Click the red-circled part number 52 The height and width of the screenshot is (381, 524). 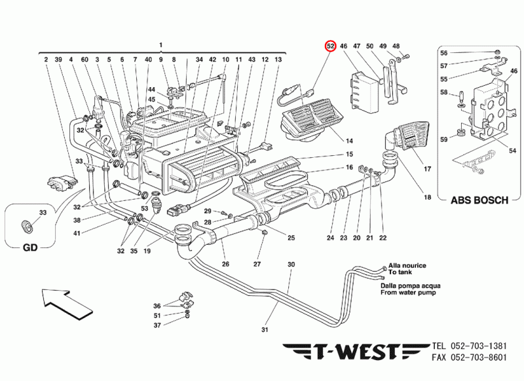coord(331,46)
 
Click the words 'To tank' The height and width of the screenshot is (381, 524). coord(402,272)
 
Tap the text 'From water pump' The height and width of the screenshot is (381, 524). coord(410,293)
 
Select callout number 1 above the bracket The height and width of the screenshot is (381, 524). coord(160,44)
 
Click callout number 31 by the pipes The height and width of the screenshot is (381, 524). coord(265,329)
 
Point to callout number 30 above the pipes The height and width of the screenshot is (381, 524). coord(291,264)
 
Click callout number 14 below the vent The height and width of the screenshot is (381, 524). coord(349,141)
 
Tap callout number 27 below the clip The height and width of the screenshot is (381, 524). coord(257,264)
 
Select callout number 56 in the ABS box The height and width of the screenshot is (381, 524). coord(461,52)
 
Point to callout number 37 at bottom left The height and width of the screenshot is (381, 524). coord(157,325)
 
